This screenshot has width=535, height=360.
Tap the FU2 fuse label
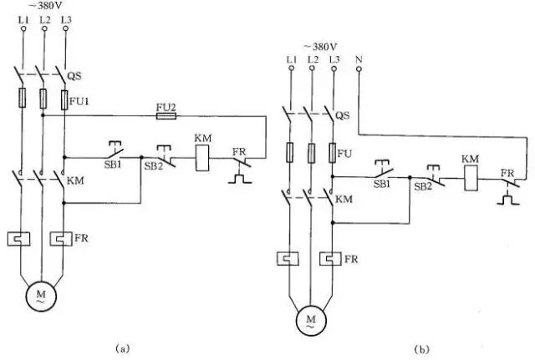pos(166,107)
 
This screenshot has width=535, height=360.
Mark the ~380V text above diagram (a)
pos(44,5)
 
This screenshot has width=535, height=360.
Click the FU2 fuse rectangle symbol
pos(166,117)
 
